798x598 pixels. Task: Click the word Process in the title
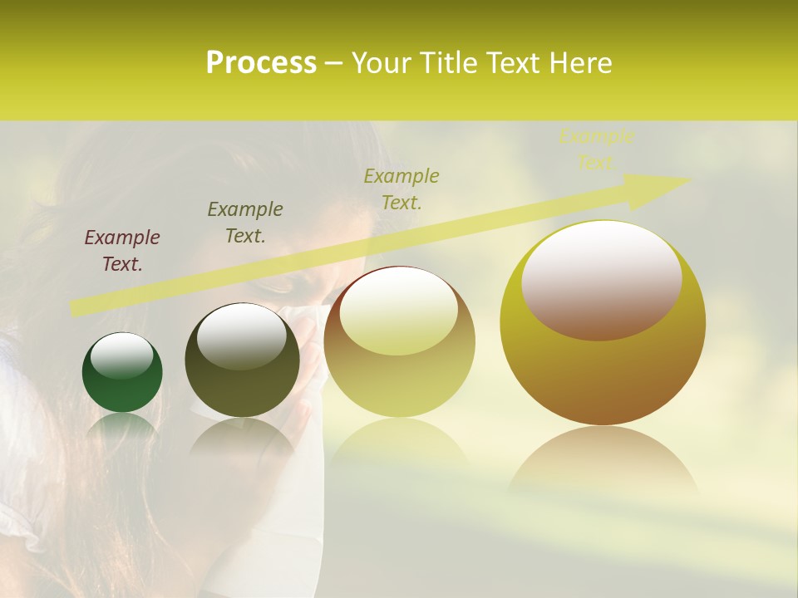(261, 62)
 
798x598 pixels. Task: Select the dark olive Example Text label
(245, 222)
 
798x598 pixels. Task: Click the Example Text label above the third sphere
(401, 189)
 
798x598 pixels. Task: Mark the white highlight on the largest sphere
(601, 278)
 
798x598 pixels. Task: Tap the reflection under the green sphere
(122, 429)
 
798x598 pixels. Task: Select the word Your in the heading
(384, 62)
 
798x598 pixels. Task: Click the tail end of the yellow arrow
(75, 308)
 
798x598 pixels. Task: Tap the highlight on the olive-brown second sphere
(241, 336)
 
